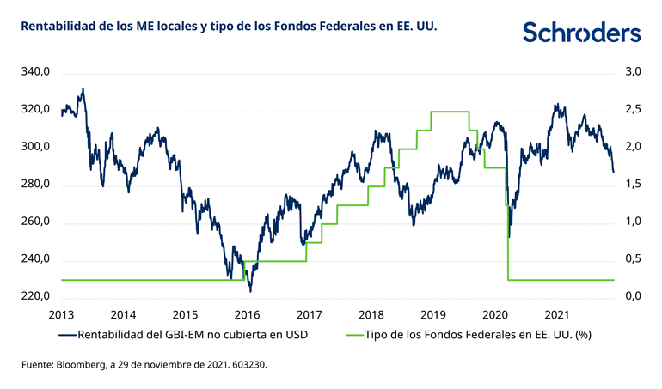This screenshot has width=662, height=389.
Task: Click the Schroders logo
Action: (x=582, y=33)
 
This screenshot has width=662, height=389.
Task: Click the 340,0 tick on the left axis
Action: (x=35, y=73)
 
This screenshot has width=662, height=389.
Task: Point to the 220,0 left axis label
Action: (x=35, y=297)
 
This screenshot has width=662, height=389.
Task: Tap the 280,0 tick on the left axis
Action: (x=35, y=185)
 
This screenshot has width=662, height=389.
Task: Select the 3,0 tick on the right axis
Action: (x=631, y=73)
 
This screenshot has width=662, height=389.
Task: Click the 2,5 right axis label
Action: (x=631, y=110)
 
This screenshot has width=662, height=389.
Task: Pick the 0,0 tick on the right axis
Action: (x=631, y=297)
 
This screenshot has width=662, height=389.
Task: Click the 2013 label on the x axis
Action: (x=61, y=313)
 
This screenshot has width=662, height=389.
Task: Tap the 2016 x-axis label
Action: (x=248, y=313)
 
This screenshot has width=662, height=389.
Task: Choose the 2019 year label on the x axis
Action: (x=434, y=313)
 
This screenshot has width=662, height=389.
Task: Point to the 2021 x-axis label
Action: (x=559, y=313)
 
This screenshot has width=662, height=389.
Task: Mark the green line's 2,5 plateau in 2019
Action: (x=449, y=112)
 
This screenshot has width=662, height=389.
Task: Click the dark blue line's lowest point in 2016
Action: (x=249, y=290)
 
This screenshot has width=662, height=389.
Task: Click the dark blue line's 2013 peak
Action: (x=83, y=89)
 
